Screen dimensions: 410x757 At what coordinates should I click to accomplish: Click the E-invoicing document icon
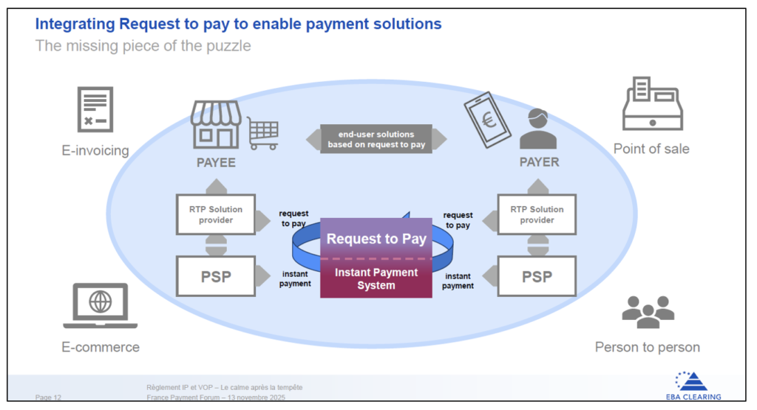click(x=95, y=109)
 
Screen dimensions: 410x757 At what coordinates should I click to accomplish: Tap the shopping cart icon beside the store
click(x=262, y=132)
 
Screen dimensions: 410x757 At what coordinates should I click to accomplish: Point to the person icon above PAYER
click(x=538, y=129)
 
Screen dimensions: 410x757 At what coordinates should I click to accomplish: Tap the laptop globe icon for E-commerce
click(x=100, y=305)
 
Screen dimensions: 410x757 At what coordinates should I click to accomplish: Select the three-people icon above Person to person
click(x=648, y=312)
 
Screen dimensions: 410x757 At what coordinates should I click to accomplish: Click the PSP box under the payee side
click(x=216, y=276)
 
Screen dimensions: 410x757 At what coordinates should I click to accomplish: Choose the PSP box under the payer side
click(x=537, y=276)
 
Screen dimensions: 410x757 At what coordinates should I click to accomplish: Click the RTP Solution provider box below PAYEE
click(x=216, y=214)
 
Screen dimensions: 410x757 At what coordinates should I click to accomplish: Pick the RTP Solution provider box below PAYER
click(x=537, y=214)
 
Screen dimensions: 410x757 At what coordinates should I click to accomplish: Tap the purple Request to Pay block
click(x=376, y=239)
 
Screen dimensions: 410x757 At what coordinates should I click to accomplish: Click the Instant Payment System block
click(x=376, y=279)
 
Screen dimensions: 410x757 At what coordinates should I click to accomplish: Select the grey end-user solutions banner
click(x=376, y=140)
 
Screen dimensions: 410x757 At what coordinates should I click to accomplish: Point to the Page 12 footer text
click(x=48, y=397)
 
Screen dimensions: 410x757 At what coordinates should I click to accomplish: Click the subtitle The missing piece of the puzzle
click(x=143, y=46)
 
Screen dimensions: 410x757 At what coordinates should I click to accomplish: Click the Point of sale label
click(x=651, y=148)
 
